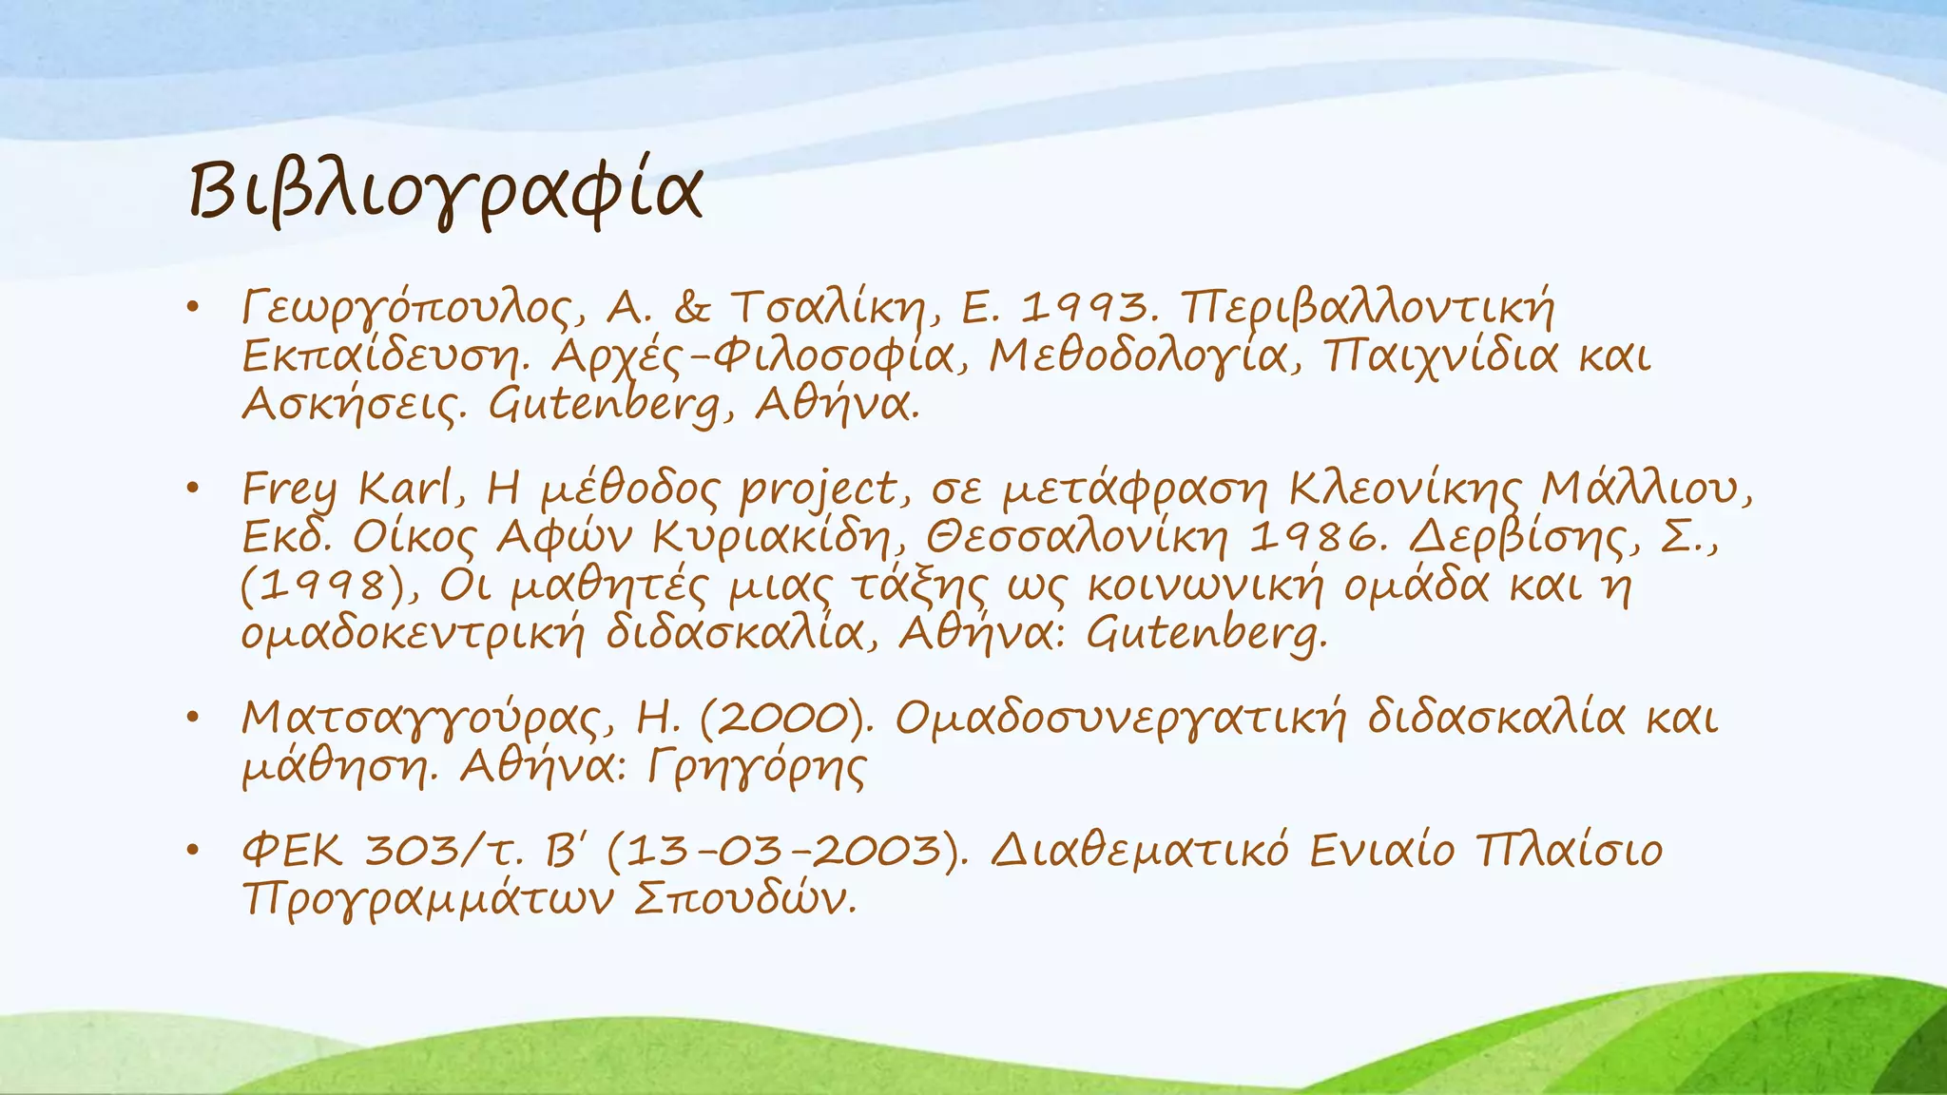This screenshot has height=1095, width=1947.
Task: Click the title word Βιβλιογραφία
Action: pyautogui.click(x=445, y=191)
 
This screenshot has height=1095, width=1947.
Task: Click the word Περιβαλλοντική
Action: pyautogui.click(x=1367, y=308)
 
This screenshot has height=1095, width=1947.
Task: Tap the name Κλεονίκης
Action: pyautogui.click(x=1406, y=490)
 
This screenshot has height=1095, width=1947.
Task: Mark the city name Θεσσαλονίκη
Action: pyautogui.click(x=1078, y=538)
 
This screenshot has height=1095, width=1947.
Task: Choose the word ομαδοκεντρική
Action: pyautogui.click(x=413, y=633)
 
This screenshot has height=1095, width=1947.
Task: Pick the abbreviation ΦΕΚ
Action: pyautogui.click(x=293, y=850)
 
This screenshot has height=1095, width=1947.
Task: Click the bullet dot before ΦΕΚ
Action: pyautogui.click(x=193, y=850)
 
